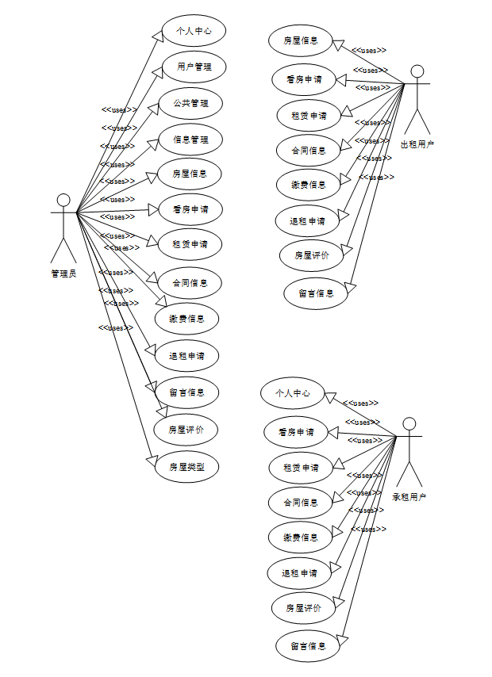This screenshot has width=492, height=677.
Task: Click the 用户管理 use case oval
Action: click(194, 67)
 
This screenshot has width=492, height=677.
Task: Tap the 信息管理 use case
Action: click(190, 140)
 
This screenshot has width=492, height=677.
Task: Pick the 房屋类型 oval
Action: click(186, 467)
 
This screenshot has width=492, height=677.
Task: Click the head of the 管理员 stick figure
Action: click(63, 201)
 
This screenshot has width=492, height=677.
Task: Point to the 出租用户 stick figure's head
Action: click(417, 71)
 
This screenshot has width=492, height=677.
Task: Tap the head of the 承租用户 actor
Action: click(409, 423)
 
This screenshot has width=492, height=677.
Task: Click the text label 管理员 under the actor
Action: click(63, 273)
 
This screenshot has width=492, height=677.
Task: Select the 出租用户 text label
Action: click(417, 144)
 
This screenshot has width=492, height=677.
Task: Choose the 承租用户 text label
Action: click(409, 497)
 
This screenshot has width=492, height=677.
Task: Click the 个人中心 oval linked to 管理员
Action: click(193, 32)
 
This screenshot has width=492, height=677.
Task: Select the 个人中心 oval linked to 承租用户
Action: click(293, 393)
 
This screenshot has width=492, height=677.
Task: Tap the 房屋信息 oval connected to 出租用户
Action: click(301, 40)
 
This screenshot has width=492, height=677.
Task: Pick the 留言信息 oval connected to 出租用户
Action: click(316, 293)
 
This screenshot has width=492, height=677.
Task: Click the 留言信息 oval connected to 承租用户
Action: click(308, 645)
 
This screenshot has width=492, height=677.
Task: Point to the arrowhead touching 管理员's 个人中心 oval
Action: click(156, 34)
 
